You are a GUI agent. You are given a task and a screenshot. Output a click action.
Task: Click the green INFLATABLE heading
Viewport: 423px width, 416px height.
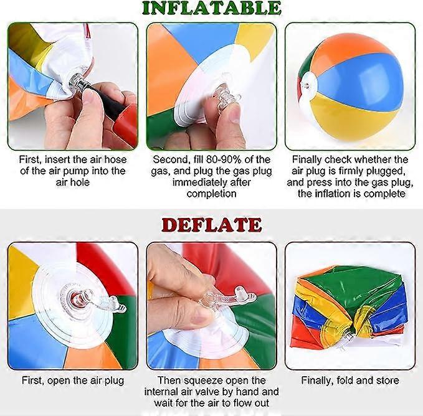tap(212, 8)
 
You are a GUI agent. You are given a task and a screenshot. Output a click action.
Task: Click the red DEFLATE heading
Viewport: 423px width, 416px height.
tap(212, 225)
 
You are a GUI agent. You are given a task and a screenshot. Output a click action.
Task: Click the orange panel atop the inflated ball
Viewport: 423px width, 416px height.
tap(351, 47)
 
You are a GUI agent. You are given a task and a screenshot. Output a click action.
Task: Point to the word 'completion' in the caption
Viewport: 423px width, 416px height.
tap(212, 194)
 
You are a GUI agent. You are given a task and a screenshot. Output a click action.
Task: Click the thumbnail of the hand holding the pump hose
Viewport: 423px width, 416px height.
tap(73, 87)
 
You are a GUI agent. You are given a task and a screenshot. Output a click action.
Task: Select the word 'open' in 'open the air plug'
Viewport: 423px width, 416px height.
tap(59, 381)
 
